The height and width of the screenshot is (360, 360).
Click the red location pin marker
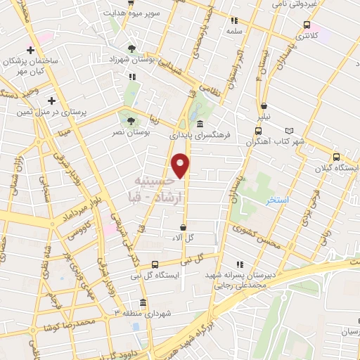(181, 165)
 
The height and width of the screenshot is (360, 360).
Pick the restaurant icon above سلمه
(234, 20)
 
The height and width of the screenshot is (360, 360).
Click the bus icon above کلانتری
(306, 25)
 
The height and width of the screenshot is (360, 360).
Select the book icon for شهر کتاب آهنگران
(290, 131)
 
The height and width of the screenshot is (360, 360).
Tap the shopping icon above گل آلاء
(184, 228)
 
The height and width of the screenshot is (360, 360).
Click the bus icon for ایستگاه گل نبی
(155, 264)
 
